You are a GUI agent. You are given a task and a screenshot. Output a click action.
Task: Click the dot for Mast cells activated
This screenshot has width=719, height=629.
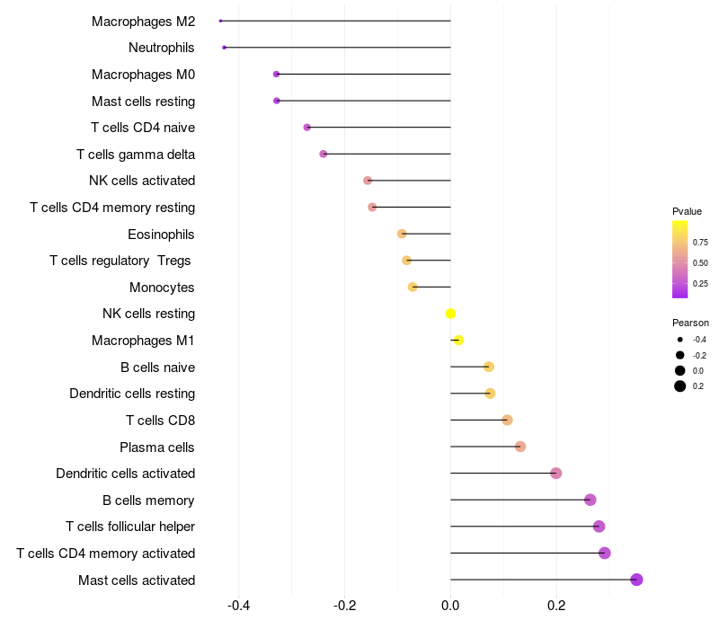[636, 580]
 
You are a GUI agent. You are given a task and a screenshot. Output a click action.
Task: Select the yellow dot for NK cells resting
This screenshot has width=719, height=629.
[451, 314]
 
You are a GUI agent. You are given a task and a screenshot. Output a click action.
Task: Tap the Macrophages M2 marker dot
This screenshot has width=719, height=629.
[220, 21]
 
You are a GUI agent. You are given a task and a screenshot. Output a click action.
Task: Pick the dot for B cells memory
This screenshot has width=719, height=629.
[590, 500]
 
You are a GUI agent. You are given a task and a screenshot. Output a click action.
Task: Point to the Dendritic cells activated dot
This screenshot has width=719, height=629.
[555, 474]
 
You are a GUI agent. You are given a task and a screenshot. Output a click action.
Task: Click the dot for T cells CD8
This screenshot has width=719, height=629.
[507, 420]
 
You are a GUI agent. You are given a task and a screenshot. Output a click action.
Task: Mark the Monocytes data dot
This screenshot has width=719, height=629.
[413, 287]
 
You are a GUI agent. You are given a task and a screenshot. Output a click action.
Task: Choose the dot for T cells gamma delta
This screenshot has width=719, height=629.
[324, 154]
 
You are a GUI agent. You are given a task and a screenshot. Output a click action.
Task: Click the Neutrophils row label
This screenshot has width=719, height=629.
[162, 48]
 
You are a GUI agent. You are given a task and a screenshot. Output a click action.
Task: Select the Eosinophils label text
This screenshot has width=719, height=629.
[162, 235]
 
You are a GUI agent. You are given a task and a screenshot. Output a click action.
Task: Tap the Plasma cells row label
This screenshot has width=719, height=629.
[157, 447]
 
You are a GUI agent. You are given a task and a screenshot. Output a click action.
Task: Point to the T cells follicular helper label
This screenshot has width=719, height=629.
[130, 527]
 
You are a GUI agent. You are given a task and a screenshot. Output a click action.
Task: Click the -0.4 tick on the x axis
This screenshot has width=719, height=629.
[238, 606]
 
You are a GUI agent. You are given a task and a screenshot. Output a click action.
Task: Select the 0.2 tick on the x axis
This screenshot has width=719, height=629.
[556, 606]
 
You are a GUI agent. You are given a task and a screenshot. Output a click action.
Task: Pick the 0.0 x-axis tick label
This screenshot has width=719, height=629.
[450, 606]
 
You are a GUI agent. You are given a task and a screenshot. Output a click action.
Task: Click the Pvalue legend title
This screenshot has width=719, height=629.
[687, 211]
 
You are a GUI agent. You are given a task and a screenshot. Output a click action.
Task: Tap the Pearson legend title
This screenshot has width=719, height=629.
[690, 323]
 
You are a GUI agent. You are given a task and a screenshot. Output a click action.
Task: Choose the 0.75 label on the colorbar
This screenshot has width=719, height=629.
[700, 242]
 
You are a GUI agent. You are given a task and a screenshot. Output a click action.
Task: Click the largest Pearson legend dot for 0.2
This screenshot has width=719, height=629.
[680, 386]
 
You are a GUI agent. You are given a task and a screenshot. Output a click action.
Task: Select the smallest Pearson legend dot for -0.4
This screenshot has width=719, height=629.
[680, 340]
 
